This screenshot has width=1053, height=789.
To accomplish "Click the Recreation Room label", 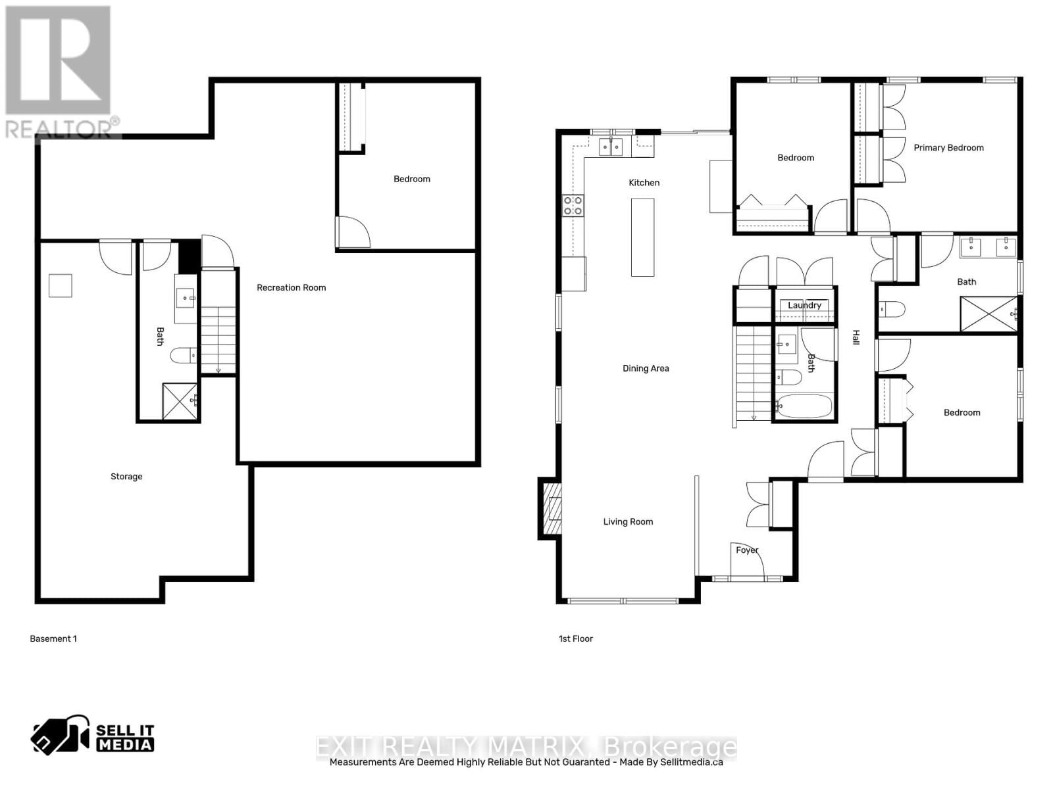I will (291, 287).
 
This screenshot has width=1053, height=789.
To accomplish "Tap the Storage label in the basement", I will (126, 477).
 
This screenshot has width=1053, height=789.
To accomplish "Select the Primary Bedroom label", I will (948, 148).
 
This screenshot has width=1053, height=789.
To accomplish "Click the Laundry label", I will (804, 305).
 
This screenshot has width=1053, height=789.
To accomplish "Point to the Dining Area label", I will (646, 368).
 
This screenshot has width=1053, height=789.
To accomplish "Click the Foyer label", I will (747, 550).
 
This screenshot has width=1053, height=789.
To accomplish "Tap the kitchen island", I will (642, 237).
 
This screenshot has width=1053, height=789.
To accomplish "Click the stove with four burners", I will (573, 206).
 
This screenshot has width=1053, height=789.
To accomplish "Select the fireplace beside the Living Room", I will (552, 508).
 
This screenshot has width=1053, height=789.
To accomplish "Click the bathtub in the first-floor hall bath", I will (804, 406).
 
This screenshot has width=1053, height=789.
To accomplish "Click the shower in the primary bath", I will (989, 314).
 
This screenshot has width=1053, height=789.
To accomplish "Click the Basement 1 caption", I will (53, 638).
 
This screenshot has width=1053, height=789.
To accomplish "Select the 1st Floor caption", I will (576, 638).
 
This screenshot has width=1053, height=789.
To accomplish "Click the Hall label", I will (856, 337).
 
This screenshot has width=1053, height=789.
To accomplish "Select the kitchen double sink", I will (611, 147).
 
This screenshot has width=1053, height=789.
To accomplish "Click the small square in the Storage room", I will (60, 286).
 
